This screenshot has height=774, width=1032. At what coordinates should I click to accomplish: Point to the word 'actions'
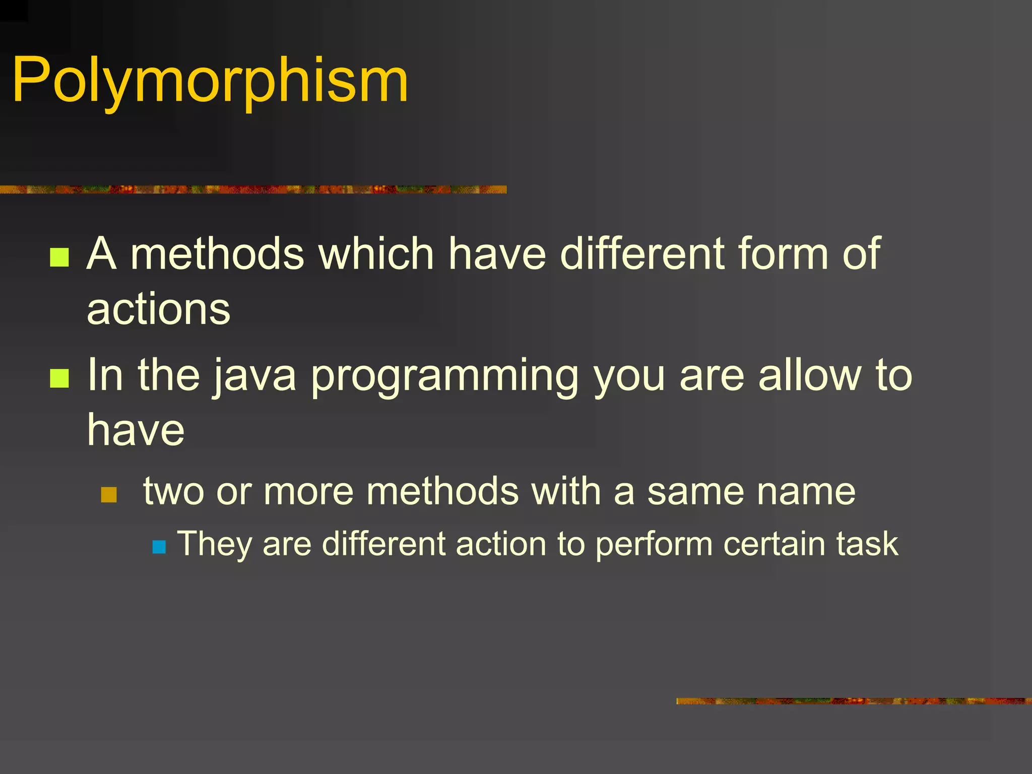click(158, 309)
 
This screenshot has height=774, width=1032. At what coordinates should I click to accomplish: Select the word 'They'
click(214, 545)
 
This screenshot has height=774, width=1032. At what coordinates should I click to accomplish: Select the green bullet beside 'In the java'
click(59, 378)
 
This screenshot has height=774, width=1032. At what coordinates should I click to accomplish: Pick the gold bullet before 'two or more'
click(109, 495)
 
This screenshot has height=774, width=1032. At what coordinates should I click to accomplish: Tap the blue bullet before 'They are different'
click(159, 547)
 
